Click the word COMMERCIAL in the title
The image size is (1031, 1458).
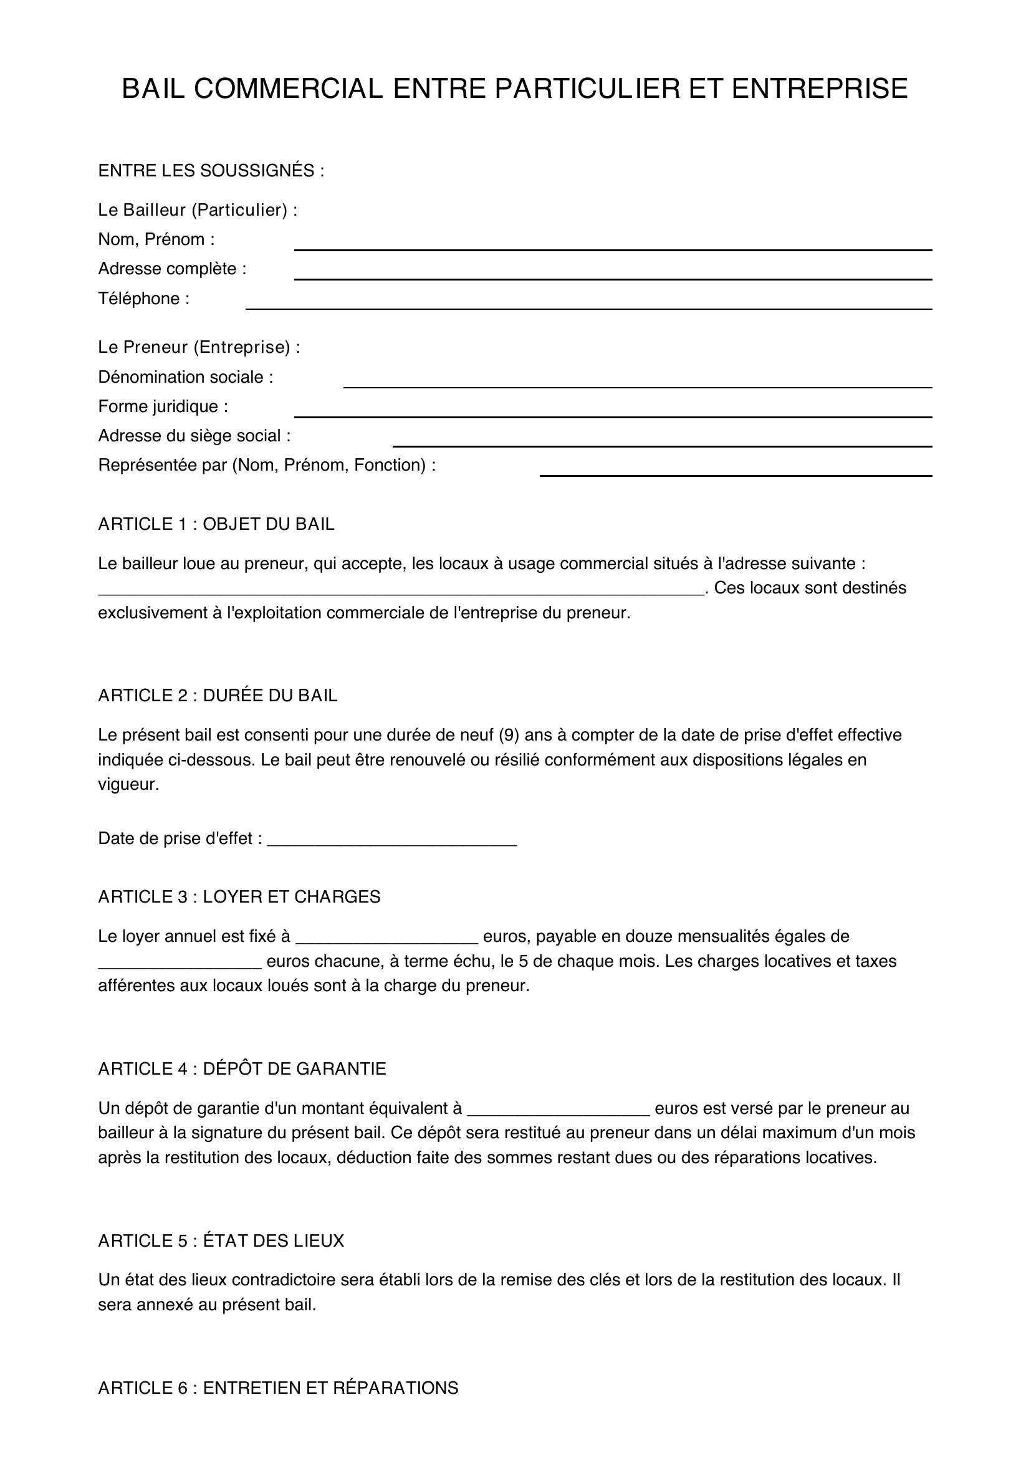288,89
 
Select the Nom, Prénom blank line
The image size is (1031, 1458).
613,245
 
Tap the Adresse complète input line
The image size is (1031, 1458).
613,274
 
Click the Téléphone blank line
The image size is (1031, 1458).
588,304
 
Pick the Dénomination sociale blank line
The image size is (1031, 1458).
638,382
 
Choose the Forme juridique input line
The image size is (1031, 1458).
613,412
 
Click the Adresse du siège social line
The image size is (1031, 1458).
662,441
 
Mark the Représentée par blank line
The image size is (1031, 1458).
735,471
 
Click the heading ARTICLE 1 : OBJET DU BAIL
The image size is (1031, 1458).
216,524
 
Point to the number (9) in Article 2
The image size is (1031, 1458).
509,735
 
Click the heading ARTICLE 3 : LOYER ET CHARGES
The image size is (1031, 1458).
239,896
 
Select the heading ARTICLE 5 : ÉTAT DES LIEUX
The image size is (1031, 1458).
221,1241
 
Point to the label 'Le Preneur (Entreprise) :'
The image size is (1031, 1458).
199,347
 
